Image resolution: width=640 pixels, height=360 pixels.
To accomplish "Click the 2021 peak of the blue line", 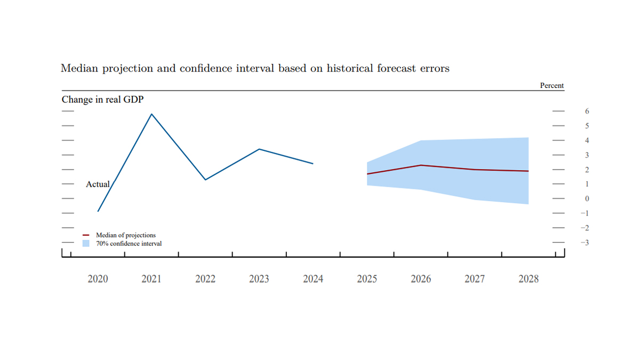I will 151,114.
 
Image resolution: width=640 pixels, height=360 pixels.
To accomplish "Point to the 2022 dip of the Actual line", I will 205,180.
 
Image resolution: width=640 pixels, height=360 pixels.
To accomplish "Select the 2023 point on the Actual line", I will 259,149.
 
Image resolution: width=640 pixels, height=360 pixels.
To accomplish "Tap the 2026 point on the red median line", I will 421,165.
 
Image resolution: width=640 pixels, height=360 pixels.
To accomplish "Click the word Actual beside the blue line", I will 98,184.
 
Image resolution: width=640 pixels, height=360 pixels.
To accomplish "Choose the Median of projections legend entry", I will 125,235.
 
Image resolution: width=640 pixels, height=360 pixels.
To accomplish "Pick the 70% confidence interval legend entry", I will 129,244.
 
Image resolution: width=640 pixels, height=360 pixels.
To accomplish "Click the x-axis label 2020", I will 98,279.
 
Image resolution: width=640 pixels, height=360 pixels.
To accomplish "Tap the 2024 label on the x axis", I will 313,279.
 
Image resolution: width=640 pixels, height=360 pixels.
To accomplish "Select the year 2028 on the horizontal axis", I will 529,279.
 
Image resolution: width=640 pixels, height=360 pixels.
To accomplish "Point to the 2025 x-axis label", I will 367,279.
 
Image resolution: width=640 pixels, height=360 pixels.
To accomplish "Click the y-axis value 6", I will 587,111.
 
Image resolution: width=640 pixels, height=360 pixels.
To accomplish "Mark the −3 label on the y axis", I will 585,243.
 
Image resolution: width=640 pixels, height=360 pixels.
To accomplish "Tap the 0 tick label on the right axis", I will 587,199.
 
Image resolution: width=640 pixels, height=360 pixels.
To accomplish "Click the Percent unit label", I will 551,86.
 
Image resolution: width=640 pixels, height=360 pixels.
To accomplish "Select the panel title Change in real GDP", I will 102,100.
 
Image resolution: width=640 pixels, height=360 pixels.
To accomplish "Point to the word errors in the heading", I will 434,68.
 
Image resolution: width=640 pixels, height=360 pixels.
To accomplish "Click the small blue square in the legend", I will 86,243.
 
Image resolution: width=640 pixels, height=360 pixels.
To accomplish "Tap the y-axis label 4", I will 587,141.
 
